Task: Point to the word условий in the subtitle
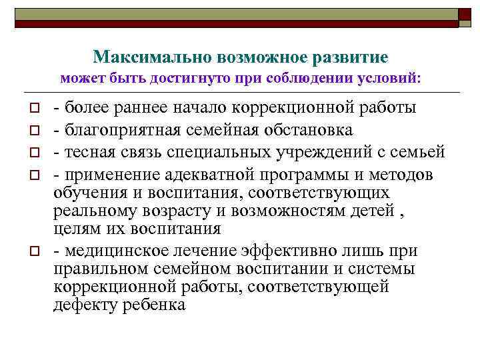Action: point(393,78)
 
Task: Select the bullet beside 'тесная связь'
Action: point(31,153)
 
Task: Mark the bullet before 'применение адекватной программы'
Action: point(31,175)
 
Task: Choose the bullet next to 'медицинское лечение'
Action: point(31,251)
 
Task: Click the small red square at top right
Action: point(463,12)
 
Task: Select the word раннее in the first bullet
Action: point(137,107)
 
